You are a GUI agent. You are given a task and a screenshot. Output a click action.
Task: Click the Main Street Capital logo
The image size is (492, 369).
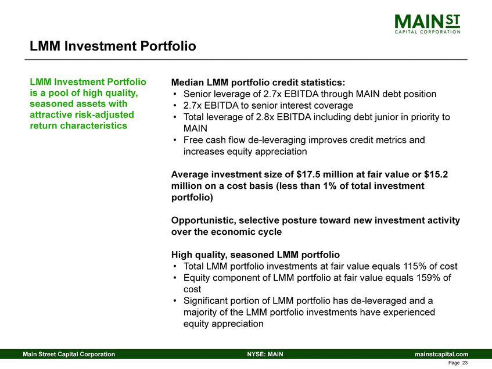coord(427,24)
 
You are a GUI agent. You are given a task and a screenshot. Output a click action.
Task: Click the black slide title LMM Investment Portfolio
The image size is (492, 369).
coord(113,45)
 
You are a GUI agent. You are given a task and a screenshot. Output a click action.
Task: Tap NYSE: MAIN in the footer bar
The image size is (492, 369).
coord(265,354)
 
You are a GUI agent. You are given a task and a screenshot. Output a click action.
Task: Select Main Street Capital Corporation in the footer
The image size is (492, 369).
coord(69,354)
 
